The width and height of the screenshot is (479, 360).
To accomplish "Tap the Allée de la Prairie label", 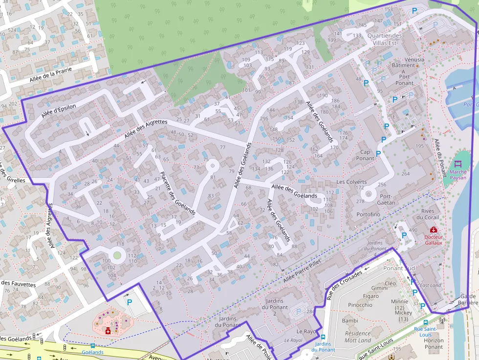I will pos(50,74).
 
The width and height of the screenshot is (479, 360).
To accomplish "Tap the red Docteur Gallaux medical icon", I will pos(433,230).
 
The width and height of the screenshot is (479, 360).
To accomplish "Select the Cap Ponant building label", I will pos(365,155).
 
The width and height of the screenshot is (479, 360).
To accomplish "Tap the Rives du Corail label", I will pos(430,214).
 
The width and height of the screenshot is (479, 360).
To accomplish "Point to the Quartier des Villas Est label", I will pos(385,39).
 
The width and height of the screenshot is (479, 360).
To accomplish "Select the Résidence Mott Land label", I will pos(358,337).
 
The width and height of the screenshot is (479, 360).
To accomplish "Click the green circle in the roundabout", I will pos(117,254).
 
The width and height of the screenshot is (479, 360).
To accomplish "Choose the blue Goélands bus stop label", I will pos(92,352).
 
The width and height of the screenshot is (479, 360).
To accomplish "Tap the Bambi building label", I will pos(350,321).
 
